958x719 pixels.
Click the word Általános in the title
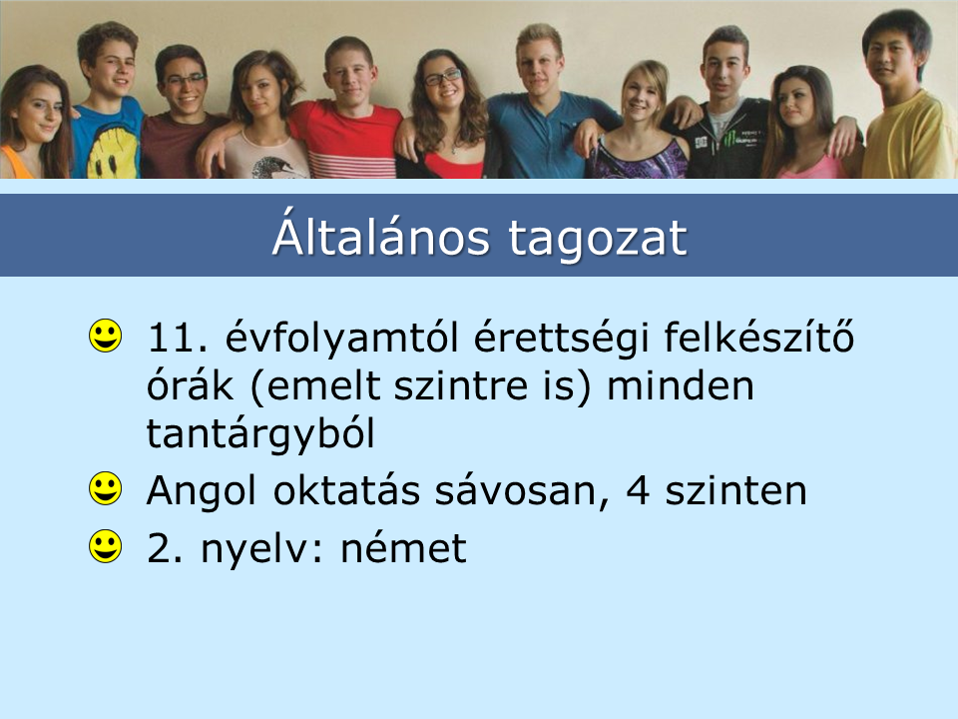tap(380, 236)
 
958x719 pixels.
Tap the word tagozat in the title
tap(598, 240)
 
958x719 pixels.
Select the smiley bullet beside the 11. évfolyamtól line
tap(105, 336)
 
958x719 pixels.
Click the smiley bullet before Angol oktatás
tap(105, 488)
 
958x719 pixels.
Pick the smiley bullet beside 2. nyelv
tap(105, 545)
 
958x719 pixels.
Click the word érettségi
tap(561, 339)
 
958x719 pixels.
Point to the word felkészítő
tap(758, 337)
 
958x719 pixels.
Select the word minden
tap(680, 385)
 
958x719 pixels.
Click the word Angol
tap(201, 492)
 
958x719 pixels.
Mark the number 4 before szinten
tap(638, 490)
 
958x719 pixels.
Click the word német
tap(403, 548)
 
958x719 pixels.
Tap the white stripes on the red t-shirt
tap(351, 164)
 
